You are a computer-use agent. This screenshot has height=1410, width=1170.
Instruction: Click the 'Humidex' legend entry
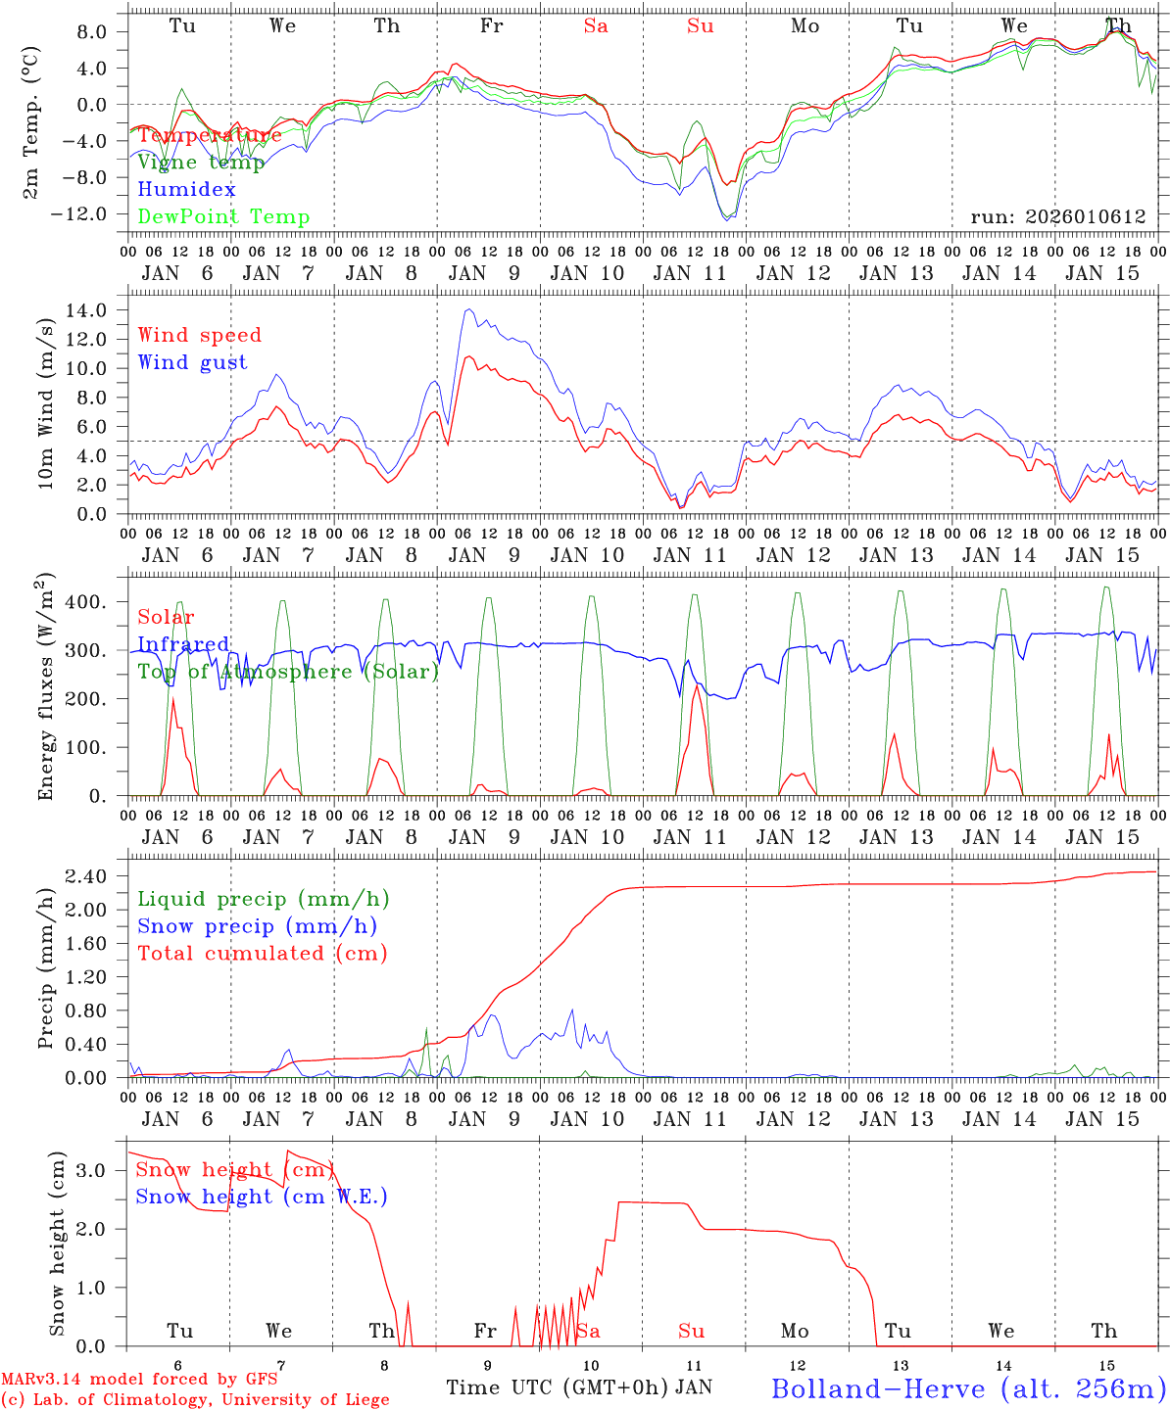pos(186,190)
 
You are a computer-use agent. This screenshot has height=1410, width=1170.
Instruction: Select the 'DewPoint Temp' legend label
pos(223,217)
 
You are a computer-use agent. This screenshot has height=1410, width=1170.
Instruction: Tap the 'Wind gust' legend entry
pos(192,362)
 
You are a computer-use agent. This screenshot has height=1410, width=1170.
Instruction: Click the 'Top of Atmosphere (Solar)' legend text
pos(287,672)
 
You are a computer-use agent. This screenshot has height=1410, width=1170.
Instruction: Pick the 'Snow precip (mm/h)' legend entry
pos(257,926)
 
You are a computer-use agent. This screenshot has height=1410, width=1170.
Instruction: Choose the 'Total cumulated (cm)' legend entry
pos(262,954)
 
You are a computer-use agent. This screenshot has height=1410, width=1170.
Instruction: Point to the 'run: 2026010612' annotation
pos(1057,217)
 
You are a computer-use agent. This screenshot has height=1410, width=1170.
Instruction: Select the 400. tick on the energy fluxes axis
pos(86,602)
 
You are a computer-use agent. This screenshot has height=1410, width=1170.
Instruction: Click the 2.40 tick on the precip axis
pos(86,876)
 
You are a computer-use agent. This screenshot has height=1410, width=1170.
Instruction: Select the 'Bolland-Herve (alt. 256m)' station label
pos(968,1387)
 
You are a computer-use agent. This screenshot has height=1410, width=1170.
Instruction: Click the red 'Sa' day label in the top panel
pos(596,26)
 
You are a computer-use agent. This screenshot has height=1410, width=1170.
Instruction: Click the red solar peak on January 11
pos(696,684)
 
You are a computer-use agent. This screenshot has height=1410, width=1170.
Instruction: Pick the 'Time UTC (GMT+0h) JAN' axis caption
pos(578,1387)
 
